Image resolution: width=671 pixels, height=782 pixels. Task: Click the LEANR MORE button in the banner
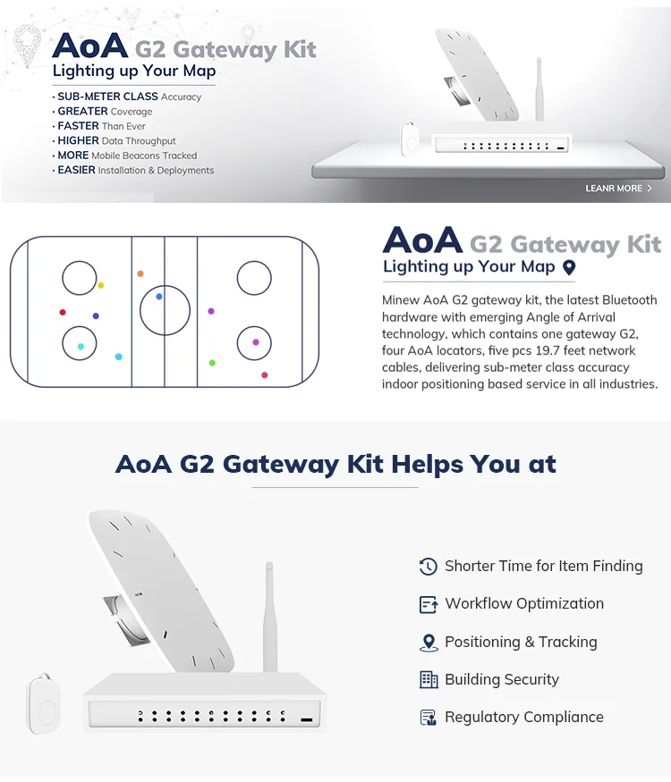tap(618, 189)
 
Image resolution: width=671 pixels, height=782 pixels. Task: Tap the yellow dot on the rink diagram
tap(101, 285)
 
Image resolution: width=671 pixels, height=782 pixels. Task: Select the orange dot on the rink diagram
tap(140, 273)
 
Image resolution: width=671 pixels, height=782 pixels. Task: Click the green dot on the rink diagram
tap(212, 363)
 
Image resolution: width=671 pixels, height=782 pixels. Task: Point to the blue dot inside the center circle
tap(159, 296)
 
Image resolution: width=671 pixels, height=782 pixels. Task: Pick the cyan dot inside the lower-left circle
tap(81, 346)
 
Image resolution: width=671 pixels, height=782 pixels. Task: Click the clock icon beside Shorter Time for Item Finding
tap(429, 567)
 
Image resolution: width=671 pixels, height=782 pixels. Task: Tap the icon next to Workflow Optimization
tap(429, 604)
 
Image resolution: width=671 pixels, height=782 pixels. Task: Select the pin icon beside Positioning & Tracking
tap(429, 643)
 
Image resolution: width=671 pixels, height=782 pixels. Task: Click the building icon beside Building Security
tap(429, 680)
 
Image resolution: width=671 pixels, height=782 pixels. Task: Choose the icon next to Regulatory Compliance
tap(429, 718)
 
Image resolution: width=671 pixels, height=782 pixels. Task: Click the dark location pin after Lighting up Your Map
tap(568, 267)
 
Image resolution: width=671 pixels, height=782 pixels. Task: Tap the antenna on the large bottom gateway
tap(268, 617)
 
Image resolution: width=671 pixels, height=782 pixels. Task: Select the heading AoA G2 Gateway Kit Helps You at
tap(335, 464)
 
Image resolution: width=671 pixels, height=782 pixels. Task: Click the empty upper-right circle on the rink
tap(254, 279)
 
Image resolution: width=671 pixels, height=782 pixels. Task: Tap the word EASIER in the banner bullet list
tap(76, 170)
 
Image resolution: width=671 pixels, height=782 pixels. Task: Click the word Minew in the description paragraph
tap(401, 300)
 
